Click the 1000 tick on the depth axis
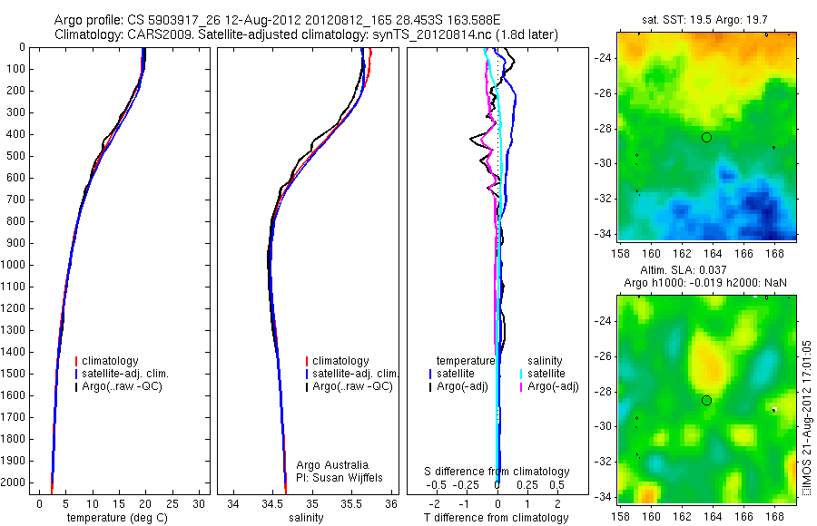pos(15,265)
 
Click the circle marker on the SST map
pos(706,137)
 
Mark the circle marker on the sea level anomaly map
pos(706,400)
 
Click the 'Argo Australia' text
pos(333,464)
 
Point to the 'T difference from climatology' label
pos(497,518)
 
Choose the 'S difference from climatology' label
pos(497,472)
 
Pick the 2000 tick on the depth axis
pos(15,482)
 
